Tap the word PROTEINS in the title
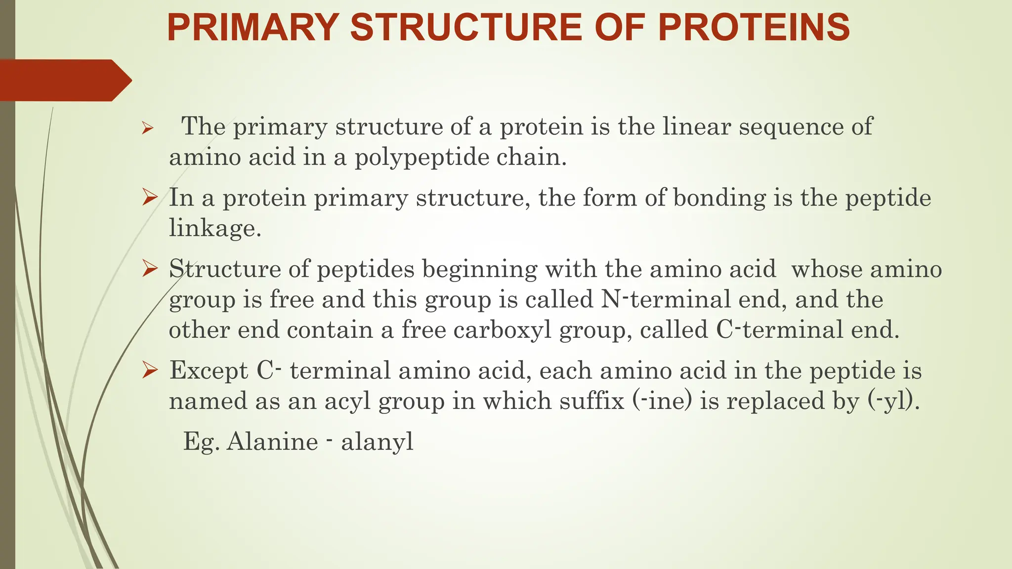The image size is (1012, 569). click(x=754, y=28)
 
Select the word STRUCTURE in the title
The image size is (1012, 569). click(x=466, y=28)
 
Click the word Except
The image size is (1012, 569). click(x=209, y=371)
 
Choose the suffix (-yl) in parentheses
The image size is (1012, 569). click(x=893, y=401)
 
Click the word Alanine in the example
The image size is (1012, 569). click(x=272, y=441)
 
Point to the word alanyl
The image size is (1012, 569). click(x=377, y=441)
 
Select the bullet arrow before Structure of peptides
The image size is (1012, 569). click(x=150, y=270)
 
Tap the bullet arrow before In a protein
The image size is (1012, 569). click(x=150, y=199)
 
